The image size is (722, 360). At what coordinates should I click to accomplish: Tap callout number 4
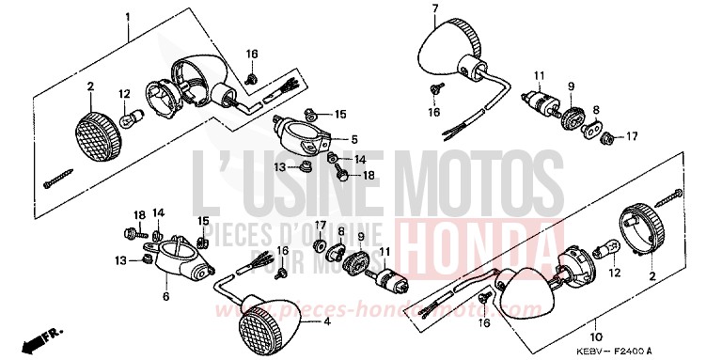coord(327,322)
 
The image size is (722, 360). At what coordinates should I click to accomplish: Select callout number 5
coord(353,139)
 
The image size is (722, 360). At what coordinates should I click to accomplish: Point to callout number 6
coord(166,297)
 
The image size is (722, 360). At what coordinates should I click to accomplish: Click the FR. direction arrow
coord(40,336)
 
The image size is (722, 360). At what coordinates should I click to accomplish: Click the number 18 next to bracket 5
coord(368,176)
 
